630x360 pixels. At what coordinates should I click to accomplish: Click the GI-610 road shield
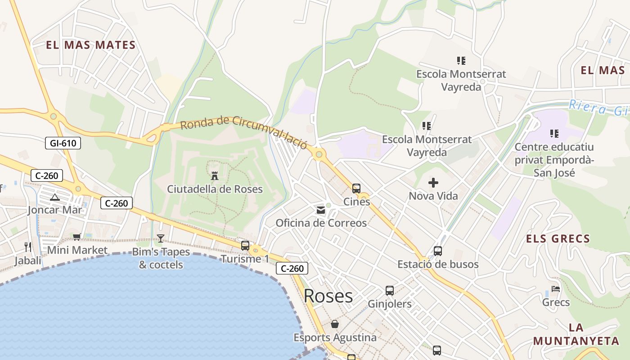[x=63, y=144]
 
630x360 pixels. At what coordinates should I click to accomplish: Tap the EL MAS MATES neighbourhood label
[x=90, y=45]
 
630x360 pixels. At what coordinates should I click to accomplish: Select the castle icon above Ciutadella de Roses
[x=215, y=175]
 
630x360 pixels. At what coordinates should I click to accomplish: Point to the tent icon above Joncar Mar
[x=55, y=197]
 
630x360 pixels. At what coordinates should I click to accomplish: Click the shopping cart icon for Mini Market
[x=77, y=237]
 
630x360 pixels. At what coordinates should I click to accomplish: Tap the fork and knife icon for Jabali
[x=28, y=247]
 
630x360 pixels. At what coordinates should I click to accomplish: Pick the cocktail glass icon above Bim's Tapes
[x=161, y=238]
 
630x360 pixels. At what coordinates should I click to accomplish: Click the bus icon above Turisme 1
[x=245, y=246]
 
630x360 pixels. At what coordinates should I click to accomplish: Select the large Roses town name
[x=328, y=296]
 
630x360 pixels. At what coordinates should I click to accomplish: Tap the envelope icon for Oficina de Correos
[x=321, y=210]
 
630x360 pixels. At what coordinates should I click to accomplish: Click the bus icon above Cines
[x=356, y=189]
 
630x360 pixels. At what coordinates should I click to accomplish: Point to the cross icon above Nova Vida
[x=433, y=183]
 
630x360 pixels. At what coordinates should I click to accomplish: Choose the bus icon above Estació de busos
[x=438, y=251]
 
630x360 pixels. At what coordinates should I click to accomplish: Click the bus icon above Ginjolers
[x=390, y=291]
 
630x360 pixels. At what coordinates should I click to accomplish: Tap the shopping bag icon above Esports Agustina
[x=335, y=324]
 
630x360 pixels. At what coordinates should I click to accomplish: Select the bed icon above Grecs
[x=556, y=289]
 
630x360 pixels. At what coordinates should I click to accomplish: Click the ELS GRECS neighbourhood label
[x=558, y=238]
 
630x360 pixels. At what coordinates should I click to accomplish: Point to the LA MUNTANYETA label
[x=576, y=334]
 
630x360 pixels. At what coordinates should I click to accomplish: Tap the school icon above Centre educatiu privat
[x=554, y=134]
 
